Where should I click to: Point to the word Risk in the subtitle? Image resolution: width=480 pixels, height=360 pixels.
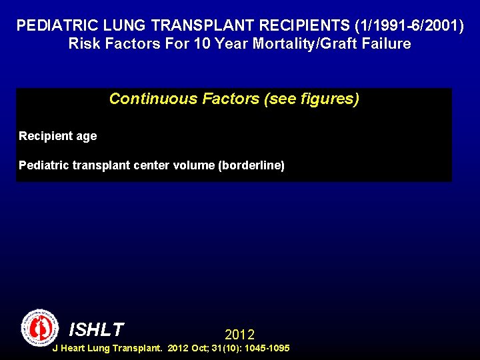(85, 45)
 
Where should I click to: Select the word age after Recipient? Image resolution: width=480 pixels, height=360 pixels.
(86, 136)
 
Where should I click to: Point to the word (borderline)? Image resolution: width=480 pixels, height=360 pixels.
(251, 165)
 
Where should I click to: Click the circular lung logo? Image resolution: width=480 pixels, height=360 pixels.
(40, 327)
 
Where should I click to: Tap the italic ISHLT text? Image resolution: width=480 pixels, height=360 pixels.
(97, 329)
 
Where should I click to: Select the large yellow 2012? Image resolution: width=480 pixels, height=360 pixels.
(239, 334)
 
